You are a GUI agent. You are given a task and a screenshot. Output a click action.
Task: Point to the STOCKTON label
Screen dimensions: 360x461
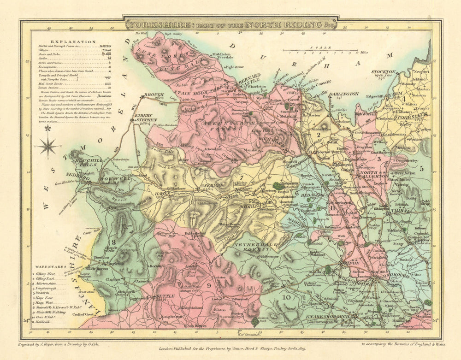tap(384, 72)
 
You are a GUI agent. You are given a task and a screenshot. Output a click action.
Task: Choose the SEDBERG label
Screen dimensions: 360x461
tap(81, 177)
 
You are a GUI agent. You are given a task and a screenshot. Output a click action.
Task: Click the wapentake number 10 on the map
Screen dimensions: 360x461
tap(287, 297)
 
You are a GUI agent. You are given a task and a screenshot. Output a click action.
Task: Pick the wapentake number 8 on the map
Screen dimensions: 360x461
tap(113, 242)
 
